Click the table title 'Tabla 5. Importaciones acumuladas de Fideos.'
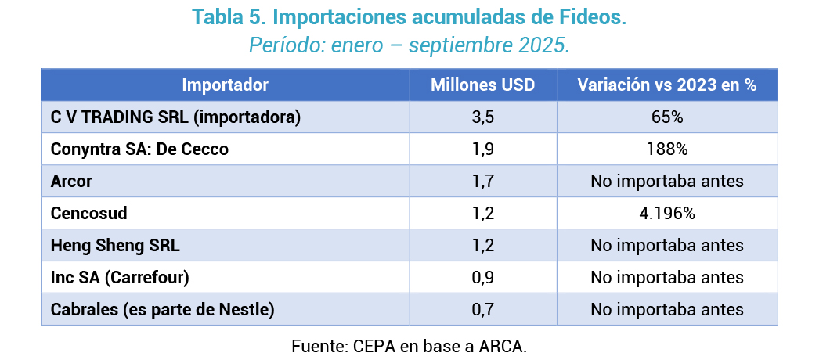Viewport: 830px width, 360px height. (409, 17)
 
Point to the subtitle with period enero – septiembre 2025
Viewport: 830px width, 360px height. (409, 45)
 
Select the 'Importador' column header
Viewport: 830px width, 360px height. (225, 85)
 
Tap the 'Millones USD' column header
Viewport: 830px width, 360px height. (482, 85)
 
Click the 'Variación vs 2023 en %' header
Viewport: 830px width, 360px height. (667, 85)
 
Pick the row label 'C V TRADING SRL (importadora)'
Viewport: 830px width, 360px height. (176, 117)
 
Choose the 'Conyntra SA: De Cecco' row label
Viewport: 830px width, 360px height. (139, 149)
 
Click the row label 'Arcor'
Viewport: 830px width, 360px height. (71, 182)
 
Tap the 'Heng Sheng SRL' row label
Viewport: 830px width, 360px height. (115, 246)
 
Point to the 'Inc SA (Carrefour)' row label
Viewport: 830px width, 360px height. (120, 278)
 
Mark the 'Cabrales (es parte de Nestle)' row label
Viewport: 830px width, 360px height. (162, 310)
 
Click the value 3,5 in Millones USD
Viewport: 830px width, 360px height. (482, 117)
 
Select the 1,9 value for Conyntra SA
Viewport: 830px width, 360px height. (482, 149)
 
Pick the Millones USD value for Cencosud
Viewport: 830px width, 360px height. (482, 214)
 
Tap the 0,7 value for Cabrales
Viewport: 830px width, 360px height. (482, 310)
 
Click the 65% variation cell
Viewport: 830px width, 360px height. (667, 117)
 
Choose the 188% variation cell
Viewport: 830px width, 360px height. (667, 149)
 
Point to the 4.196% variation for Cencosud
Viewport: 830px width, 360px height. (667, 214)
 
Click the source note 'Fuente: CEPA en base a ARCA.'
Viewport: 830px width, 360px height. (409, 345)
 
